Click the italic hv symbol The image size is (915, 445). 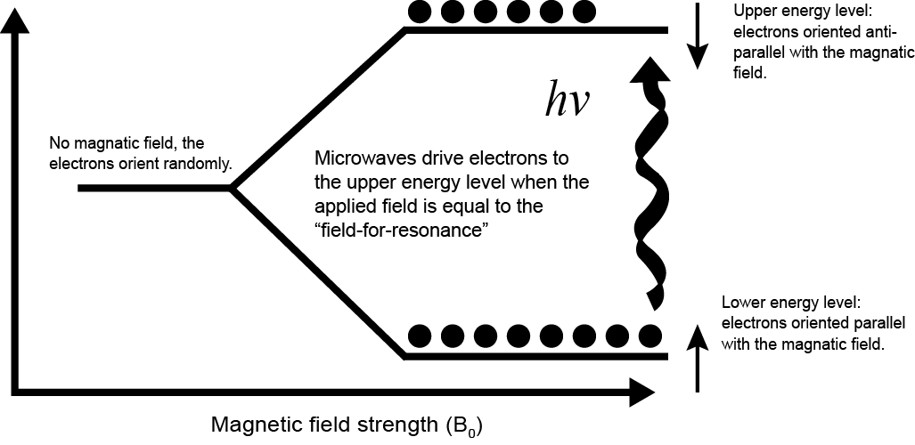click(x=567, y=101)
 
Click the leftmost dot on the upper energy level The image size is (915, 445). click(x=418, y=12)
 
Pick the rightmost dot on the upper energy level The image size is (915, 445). click(x=583, y=12)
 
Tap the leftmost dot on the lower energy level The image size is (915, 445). click(x=420, y=336)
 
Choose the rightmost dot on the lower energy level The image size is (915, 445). click(x=650, y=336)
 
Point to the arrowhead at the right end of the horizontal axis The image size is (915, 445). click(x=641, y=390)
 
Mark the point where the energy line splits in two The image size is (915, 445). click(x=233, y=189)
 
